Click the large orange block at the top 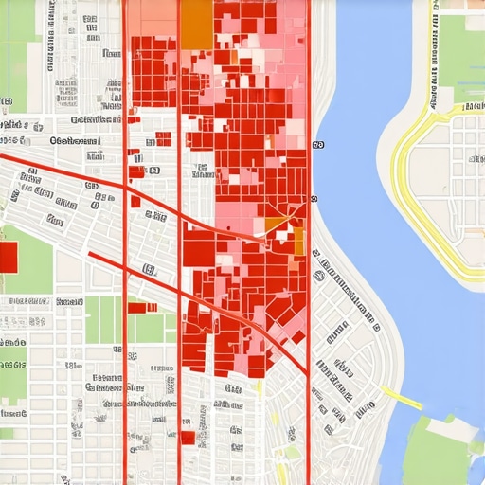196,23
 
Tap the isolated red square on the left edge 8,256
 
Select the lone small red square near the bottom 188,438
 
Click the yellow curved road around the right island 402,189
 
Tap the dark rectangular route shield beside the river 316,145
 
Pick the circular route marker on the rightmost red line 312,199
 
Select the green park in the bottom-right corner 445,455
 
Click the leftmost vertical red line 125,284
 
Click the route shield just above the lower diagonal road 149,270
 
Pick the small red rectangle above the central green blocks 138,307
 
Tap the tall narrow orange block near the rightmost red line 298,242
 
